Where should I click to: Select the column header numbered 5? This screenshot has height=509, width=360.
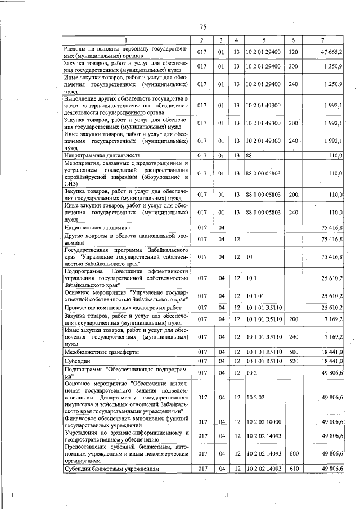tap(263, 40)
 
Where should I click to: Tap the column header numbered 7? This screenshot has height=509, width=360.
tap(322, 40)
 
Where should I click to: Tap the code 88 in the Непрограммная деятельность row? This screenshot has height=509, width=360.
tap(249, 155)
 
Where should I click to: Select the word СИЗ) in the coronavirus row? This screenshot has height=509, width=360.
tap(70, 183)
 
